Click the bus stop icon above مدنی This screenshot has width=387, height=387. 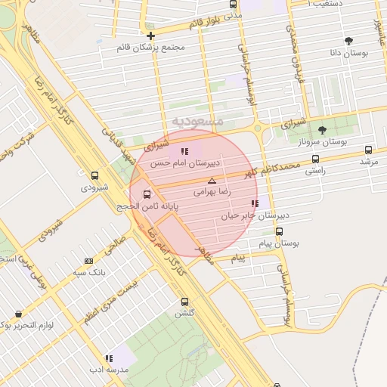pos(233,4)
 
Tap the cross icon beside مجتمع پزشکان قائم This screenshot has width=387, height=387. pos(151,36)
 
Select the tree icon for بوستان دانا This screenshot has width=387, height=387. pos(348,42)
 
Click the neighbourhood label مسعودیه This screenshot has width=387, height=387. pos(197,121)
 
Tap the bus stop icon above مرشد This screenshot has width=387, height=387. pos(368,150)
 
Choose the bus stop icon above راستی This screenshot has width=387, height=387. pos(315,159)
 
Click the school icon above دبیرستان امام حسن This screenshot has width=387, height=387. pos(184,152)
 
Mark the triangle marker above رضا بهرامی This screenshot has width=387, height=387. pos(212,181)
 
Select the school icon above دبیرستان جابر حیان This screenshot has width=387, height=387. pos(255,203)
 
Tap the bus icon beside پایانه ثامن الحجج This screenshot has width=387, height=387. pos(147,193)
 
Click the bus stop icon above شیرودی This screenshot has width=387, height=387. pos(94,175)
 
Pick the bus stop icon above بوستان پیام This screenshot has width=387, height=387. pos(280,231)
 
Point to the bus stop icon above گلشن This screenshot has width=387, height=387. pos(184,301)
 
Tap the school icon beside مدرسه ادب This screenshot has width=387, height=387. pos(110,358)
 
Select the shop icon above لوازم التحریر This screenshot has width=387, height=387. pos(18,313)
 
